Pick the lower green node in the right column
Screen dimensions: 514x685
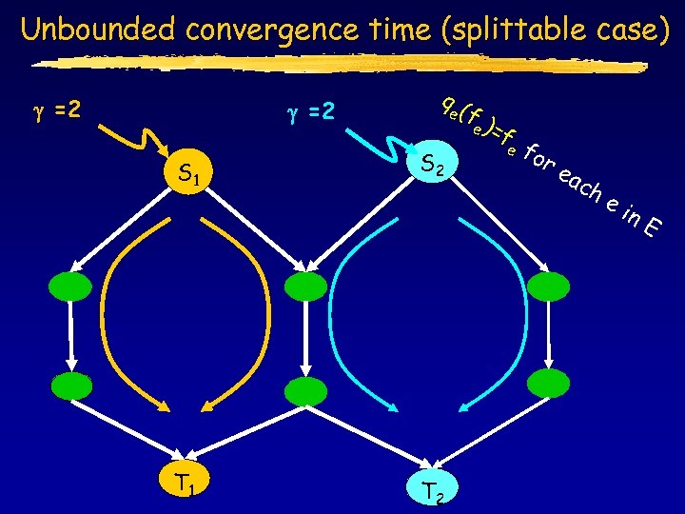coord(547,385)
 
